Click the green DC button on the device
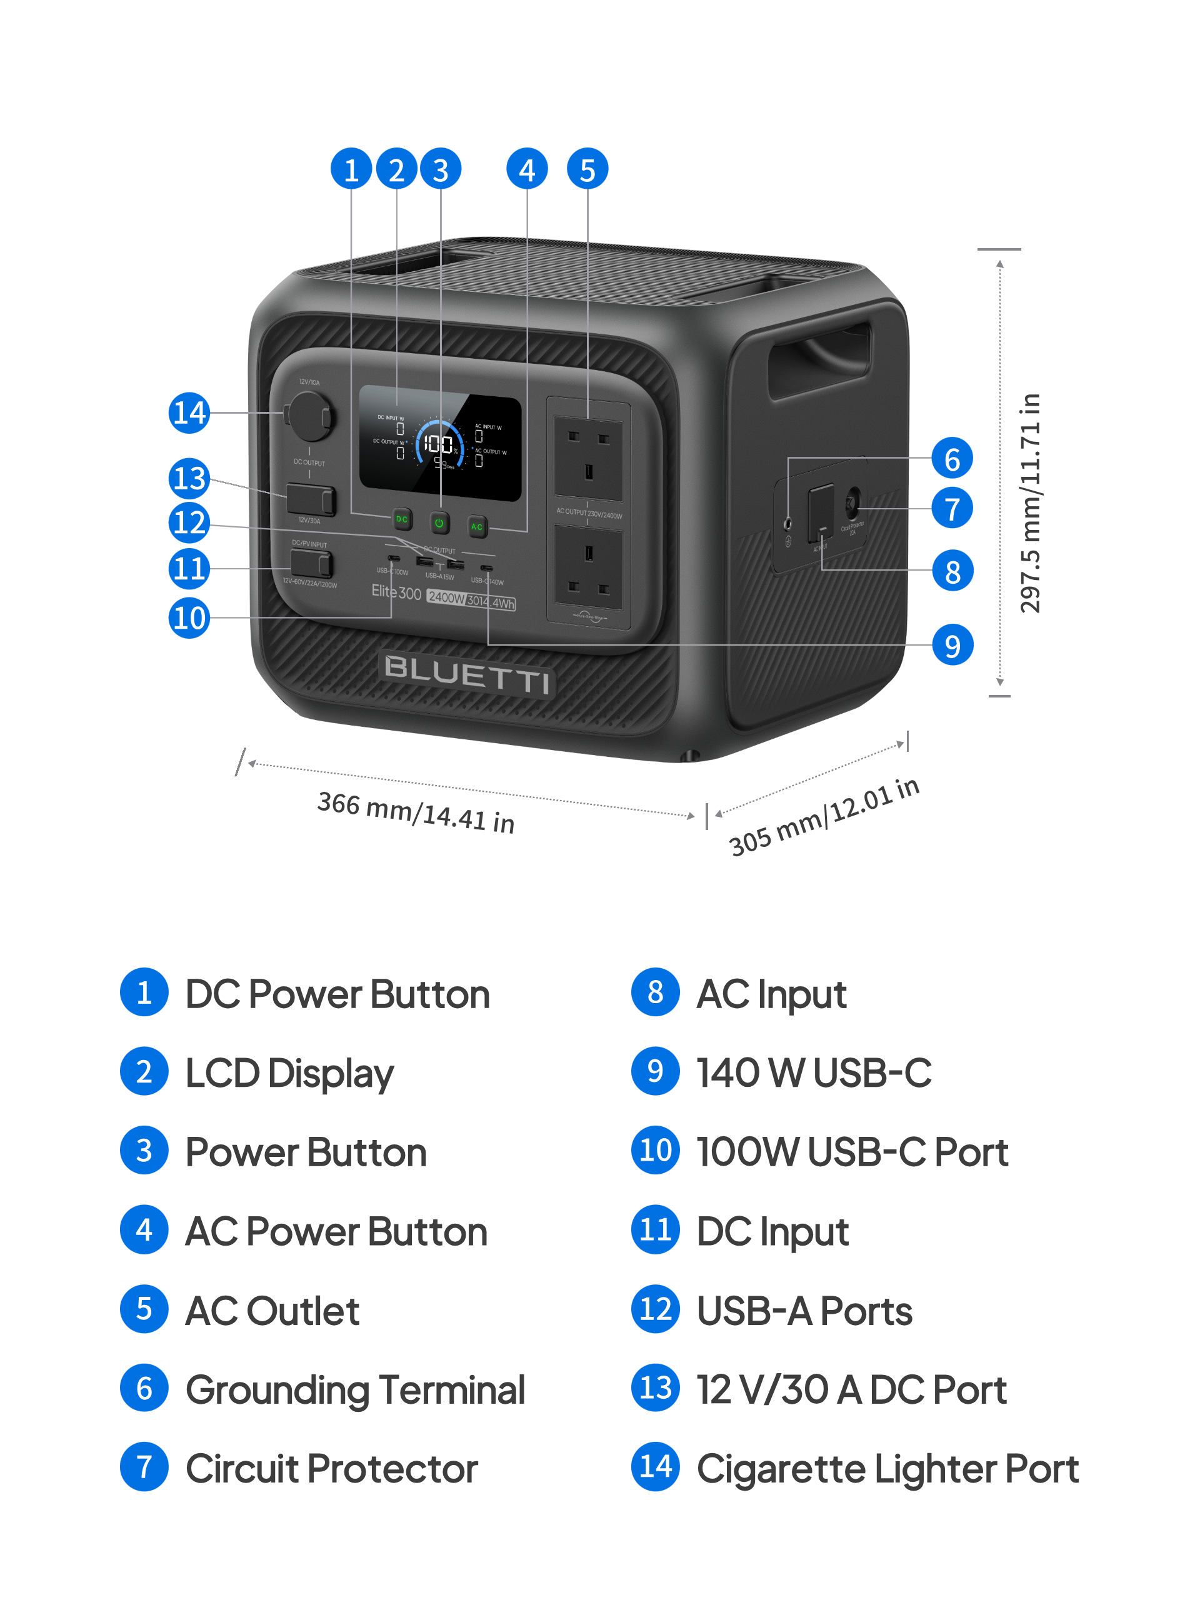pyautogui.click(x=401, y=519)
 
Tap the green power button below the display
pyautogui.click(x=439, y=522)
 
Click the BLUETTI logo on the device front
pyautogui.click(x=466, y=674)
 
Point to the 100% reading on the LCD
pyautogui.click(x=439, y=443)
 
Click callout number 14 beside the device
pyautogui.click(x=189, y=413)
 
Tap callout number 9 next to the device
pyautogui.click(x=952, y=645)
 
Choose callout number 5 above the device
pyautogui.click(x=587, y=169)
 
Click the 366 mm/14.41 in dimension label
pyautogui.click(x=416, y=812)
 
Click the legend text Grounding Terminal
pyautogui.click(x=355, y=1389)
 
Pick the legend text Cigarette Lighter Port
pyautogui.click(x=887, y=1467)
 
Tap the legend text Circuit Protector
pyautogui.click(x=332, y=1467)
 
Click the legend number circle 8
pyautogui.click(x=656, y=992)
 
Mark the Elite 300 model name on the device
pyautogui.click(x=396, y=592)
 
